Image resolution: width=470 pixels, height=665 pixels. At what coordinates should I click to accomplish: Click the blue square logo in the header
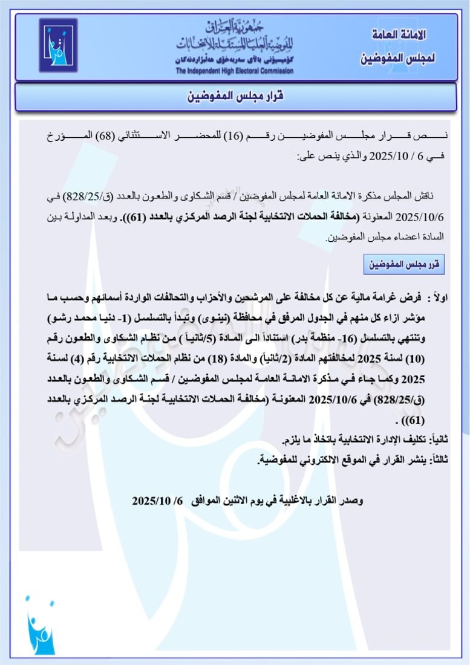58,45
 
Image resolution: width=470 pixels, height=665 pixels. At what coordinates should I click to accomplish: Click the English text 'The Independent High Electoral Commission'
235,71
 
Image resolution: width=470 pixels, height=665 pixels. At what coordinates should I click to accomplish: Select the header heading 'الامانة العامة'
397,34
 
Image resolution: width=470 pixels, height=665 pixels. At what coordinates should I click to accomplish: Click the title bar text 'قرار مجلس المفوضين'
234,97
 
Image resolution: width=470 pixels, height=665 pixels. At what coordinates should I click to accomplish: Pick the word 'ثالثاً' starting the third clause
436,459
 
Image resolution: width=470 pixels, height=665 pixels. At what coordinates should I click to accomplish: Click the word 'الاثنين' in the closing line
239,501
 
